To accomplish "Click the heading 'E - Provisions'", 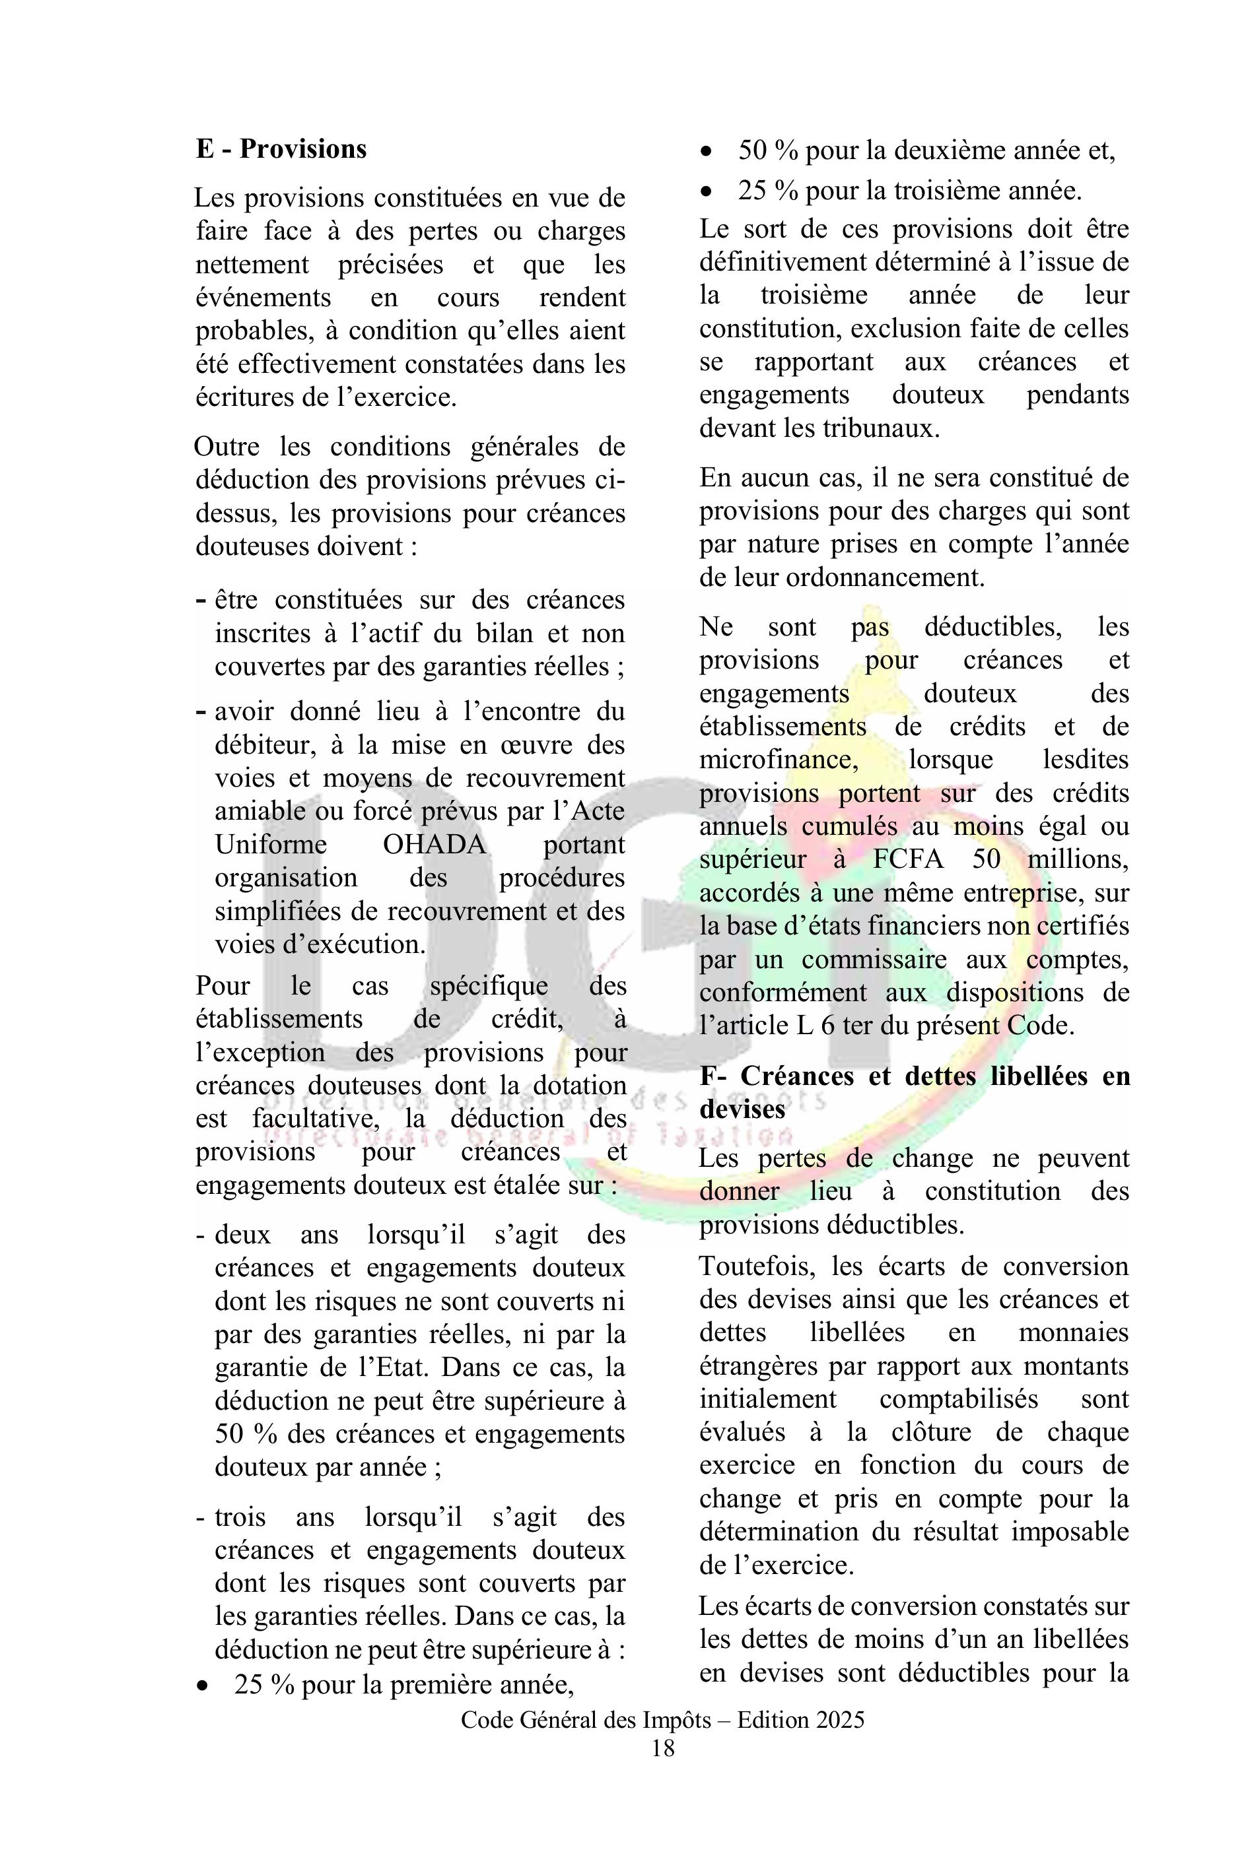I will point(281,148).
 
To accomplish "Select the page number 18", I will point(663,1748).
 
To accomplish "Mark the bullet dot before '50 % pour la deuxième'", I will point(706,152).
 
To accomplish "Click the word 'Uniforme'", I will point(271,844).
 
